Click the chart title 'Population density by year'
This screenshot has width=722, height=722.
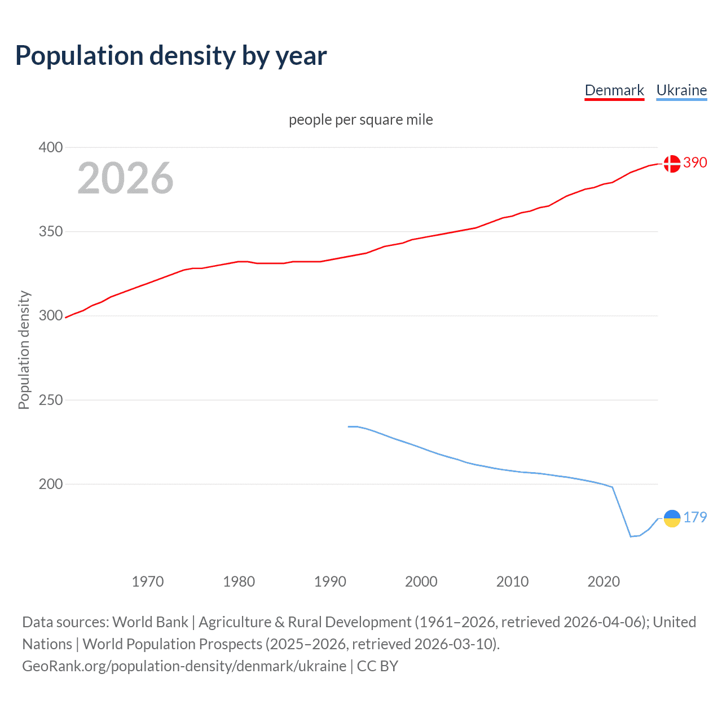[x=171, y=56]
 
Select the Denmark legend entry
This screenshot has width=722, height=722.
[x=614, y=90]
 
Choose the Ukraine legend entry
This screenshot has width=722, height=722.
[x=681, y=90]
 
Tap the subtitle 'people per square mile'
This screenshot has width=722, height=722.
[x=360, y=120]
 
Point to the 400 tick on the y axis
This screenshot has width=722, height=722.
[x=51, y=147]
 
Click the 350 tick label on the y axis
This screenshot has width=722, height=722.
[x=51, y=231]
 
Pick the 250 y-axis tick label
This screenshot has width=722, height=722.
[x=51, y=400]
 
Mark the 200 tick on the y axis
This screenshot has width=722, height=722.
[x=51, y=484]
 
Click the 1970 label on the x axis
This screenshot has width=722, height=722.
[x=148, y=582]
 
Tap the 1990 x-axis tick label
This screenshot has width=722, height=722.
[x=330, y=582]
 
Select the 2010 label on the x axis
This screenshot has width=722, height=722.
[x=512, y=582]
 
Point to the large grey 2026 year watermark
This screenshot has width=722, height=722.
[x=125, y=178]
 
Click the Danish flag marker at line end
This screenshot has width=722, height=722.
[x=672, y=164]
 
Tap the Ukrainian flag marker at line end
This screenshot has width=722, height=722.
[x=672, y=518]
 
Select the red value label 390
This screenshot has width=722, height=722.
[x=695, y=162]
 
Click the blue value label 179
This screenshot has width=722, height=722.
[x=695, y=517]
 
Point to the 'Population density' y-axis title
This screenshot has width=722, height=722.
[x=24, y=350]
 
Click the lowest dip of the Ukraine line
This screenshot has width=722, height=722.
[x=631, y=536]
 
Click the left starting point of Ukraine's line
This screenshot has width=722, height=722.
[x=349, y=426]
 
